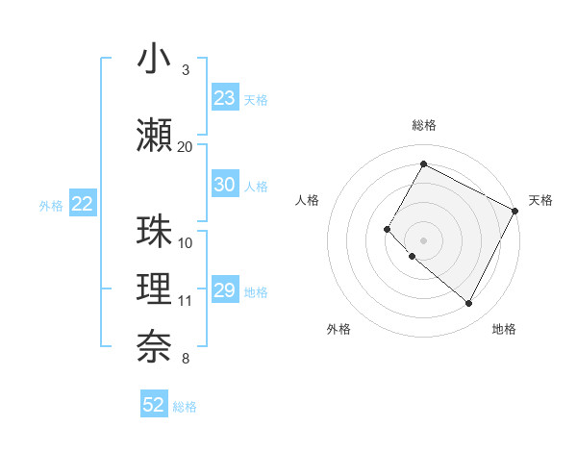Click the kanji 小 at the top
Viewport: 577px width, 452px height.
coord(155,60)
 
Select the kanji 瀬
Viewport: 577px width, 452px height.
coord(155,135)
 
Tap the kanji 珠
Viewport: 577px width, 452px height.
coord(155,232)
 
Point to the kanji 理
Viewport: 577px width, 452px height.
coord(155,289)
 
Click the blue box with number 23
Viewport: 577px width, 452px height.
coord(225,98)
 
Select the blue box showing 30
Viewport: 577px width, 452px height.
coord(225,185)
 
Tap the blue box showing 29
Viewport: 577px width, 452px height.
coord(225,290)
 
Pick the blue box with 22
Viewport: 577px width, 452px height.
coord(83,203)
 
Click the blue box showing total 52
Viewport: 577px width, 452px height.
coord(154,405)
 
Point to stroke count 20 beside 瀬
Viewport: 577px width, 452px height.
coord(185,146)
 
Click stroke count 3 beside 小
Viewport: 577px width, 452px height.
coord(185,70)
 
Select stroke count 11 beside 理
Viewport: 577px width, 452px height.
coord(185,301)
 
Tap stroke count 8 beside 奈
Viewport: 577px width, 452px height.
coord(185,359)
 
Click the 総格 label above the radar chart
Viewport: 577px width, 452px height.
coord(423,126)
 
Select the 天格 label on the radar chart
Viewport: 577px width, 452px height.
coord(540,200)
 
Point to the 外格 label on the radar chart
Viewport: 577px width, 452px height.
coord(339,329)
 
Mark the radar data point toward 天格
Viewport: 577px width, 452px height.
coord(515,211)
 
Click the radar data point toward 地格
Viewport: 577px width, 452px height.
coord(468,304)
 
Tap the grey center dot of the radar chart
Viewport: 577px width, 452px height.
coord(423,239)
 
